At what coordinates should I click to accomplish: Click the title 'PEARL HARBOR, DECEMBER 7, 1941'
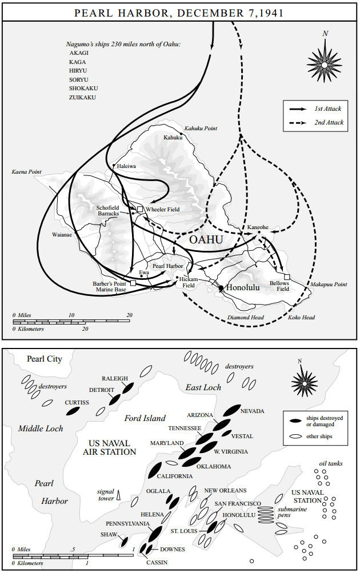[x=180, y=12]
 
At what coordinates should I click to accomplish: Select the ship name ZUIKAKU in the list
[x=82, y=98]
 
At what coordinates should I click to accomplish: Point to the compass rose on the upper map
[x=324, y=63]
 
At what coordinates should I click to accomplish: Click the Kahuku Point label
[x=201, y=129]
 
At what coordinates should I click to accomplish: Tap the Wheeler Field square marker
[x=139, y=210]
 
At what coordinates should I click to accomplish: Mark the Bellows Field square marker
[x=287, y=277]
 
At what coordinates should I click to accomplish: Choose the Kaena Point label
[x=26, y=172]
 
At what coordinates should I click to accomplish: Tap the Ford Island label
[x=145, y=418]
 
